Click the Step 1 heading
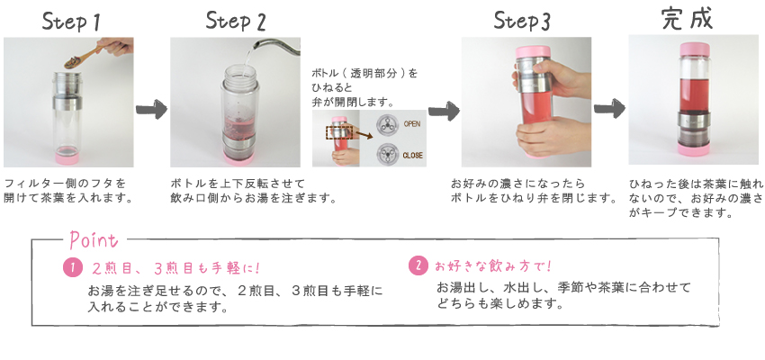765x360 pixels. click(x=72, y=22)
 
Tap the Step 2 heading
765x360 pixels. click(x=236, y=21)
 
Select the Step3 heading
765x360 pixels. click(x=522, y=21)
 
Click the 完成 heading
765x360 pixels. click(x=687, y=19)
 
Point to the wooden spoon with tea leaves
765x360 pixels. click(x=90, y=56)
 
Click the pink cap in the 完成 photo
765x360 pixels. click(x=695, y=49)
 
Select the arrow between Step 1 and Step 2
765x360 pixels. click(x=151, y=110)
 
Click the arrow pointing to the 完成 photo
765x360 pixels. click(x=609, y=108)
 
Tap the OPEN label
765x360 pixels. click(x=411, y=124)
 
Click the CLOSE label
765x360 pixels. click(x=412, y=156)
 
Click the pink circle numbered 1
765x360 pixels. click(x=72, y=268)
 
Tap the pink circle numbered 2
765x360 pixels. click(x=418, y=265)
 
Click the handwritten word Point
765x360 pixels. click(x=94, y=239)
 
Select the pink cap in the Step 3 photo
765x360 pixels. click(x=534, y=51)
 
